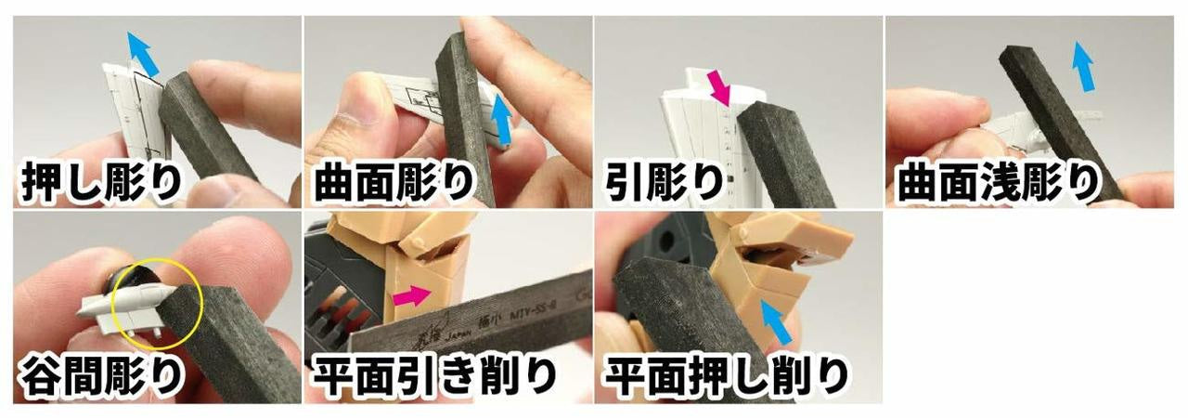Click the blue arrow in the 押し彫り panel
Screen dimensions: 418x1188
(141, 54)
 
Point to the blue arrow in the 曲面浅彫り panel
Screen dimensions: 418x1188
(1081, 65)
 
